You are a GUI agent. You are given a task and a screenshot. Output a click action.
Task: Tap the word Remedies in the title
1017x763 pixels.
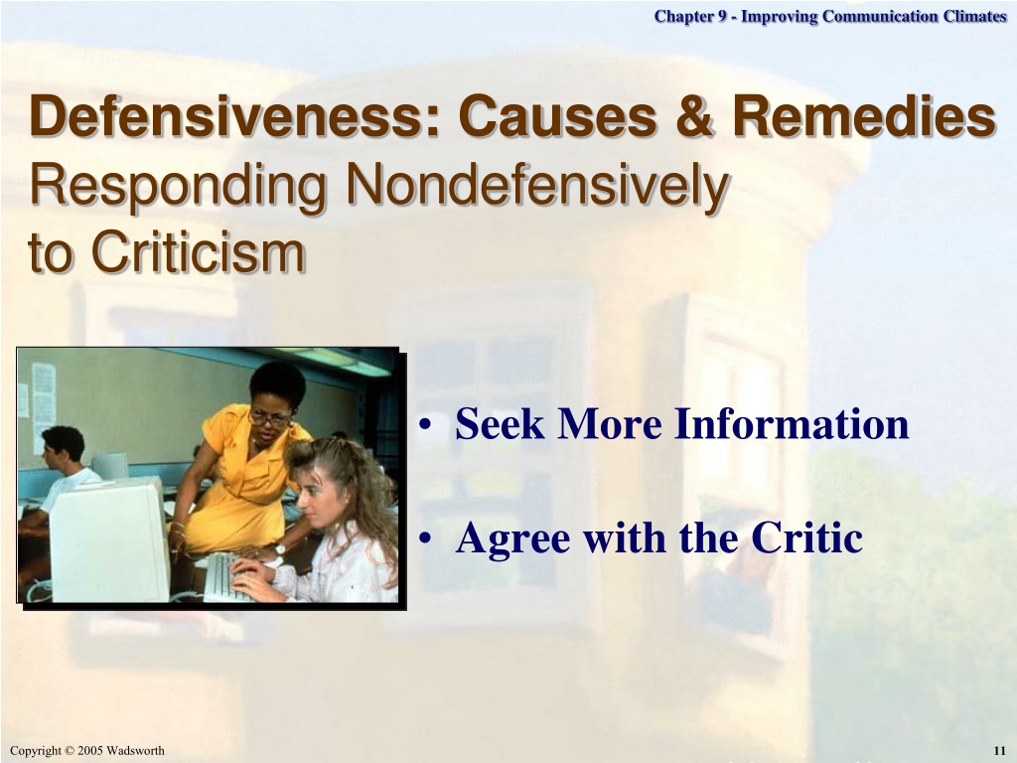click(x=864, y=116)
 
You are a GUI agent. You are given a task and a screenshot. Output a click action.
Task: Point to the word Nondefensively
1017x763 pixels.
click(x=537, y=186)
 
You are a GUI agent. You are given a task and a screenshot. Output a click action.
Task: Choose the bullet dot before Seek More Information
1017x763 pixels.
click(x=425, y=425)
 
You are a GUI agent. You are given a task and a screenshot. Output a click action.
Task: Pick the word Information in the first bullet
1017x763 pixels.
click(x=792, y=423)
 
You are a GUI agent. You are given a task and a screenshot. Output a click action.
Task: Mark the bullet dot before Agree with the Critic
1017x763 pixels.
click(x=425, y=538)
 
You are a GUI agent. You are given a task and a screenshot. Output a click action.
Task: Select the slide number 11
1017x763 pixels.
click(x=999, y=751)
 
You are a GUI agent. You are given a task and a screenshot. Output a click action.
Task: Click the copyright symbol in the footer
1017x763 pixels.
click(x=70, y=751)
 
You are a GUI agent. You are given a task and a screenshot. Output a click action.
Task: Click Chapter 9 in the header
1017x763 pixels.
click(x=691, y=16)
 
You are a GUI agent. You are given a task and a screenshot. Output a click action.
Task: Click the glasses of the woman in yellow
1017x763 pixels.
click(x=270, y=418)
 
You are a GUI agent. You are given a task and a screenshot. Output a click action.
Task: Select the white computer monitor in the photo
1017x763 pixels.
click(x=109, y=539)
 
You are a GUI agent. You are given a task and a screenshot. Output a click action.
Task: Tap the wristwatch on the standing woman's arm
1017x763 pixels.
click(x=279, y=548)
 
